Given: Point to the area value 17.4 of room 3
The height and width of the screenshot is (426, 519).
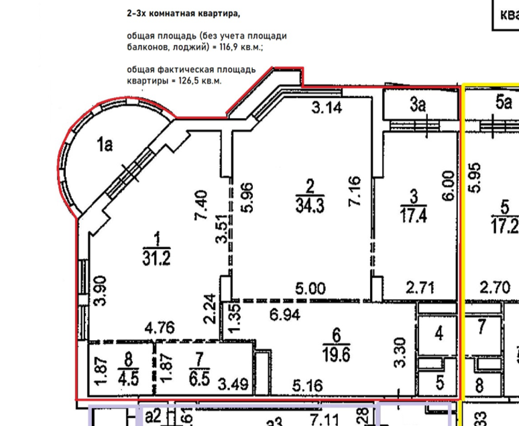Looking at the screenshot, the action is pos(414,215).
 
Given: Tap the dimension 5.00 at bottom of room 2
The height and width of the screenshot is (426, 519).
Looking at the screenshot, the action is pos(310,289).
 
